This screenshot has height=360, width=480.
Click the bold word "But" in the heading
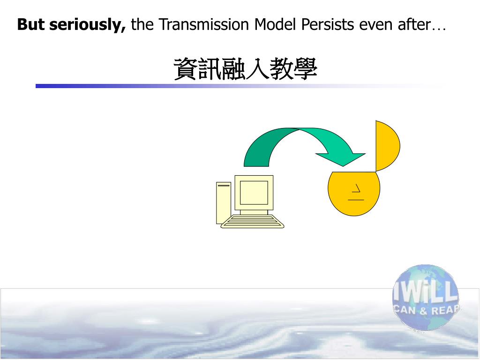[30, 24]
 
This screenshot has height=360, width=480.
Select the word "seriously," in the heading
[88, 25]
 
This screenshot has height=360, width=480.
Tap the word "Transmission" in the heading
[204, 24]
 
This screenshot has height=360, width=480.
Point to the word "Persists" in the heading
[328, 24]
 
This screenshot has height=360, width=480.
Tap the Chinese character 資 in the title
[186, 69]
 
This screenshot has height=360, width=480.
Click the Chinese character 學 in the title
[305, 69]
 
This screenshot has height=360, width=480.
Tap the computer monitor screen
[254, 193]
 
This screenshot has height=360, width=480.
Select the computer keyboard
[252, 222]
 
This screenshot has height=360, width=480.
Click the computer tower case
[224, 203]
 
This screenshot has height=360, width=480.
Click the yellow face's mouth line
[356, 200]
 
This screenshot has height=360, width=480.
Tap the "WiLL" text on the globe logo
[426, 293]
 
